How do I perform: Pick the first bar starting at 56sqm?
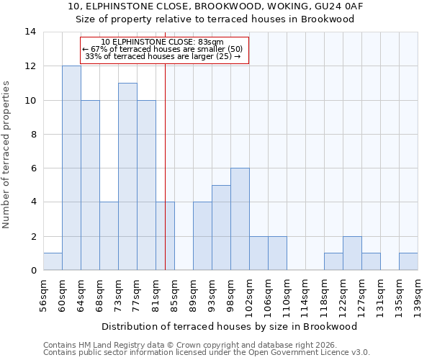(53, 262)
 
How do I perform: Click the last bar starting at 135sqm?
(408, 262)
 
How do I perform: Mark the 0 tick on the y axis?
(32, 271)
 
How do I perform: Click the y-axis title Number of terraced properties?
(6, 155)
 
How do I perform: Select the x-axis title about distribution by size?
(230, 326)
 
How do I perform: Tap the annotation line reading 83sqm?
(164, 42)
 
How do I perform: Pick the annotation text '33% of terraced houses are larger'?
(163, 56)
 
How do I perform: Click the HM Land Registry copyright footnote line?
(186, 345)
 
